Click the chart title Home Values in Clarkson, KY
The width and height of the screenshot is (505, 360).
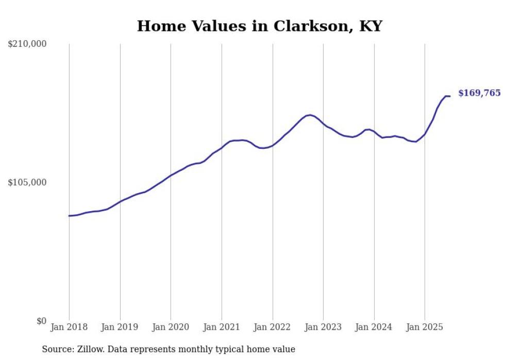[x=259, y=26]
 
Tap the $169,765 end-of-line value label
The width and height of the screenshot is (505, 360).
[x=479, y=93]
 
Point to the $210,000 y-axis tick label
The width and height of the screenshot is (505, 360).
[x=27, y=44]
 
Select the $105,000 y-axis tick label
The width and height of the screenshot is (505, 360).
[x=27, y=182]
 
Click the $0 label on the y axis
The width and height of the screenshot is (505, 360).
[x=41, y=321]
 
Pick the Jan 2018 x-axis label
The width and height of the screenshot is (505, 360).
[x=69, y=327]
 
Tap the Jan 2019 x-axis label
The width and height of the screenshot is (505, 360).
[x=120, y=327]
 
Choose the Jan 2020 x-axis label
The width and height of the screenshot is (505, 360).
[x=171, y=327]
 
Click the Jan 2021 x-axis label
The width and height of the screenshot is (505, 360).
[x=222, y=327]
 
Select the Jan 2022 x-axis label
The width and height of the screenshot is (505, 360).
[x=273, y=327]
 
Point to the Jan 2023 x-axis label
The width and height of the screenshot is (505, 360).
[x=323, y=327]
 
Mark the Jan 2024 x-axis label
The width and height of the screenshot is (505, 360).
[x=374, y=327]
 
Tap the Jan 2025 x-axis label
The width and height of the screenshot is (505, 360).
[x=425, y=327]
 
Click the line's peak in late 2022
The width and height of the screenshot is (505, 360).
[x=310, y=115]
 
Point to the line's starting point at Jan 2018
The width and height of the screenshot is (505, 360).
[x=69, y=216]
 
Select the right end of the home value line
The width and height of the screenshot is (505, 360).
[x=450, y=96]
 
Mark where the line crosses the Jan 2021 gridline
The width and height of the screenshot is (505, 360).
[x=222, y=148]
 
